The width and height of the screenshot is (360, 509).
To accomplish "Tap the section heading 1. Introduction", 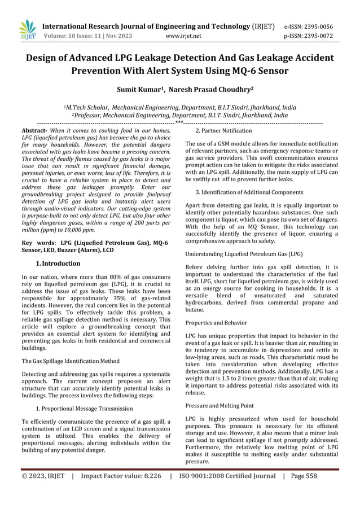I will point(58,264).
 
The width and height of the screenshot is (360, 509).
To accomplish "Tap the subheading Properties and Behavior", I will point(216,322).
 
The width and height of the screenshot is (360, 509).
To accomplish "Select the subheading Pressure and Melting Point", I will point(220,405).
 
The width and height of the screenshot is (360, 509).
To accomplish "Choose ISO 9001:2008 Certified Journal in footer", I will point(227,476).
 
